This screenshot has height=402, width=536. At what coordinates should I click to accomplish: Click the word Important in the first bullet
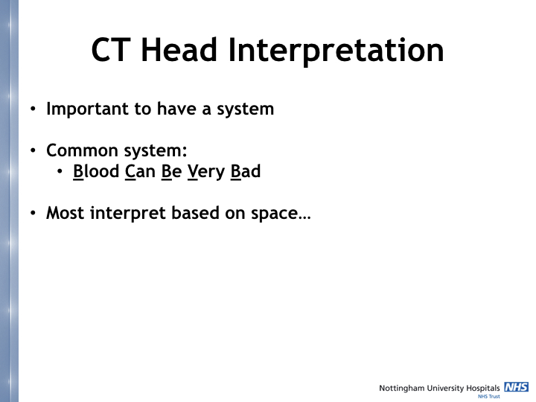[87, 109]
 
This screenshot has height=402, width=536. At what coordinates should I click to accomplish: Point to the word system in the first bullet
[245, 109]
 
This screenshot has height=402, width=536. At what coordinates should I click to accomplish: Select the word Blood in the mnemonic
[96, 172]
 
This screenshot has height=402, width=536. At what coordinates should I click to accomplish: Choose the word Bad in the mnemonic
[246, 172]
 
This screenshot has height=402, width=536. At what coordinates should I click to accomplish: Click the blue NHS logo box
[516, 387]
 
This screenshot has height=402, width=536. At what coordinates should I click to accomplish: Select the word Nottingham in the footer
[403, 388]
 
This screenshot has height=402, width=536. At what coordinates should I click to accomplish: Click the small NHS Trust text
[488, 397]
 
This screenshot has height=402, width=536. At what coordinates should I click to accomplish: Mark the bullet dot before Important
[33, 109]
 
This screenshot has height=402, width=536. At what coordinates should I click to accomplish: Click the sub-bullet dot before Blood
[61, 173]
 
